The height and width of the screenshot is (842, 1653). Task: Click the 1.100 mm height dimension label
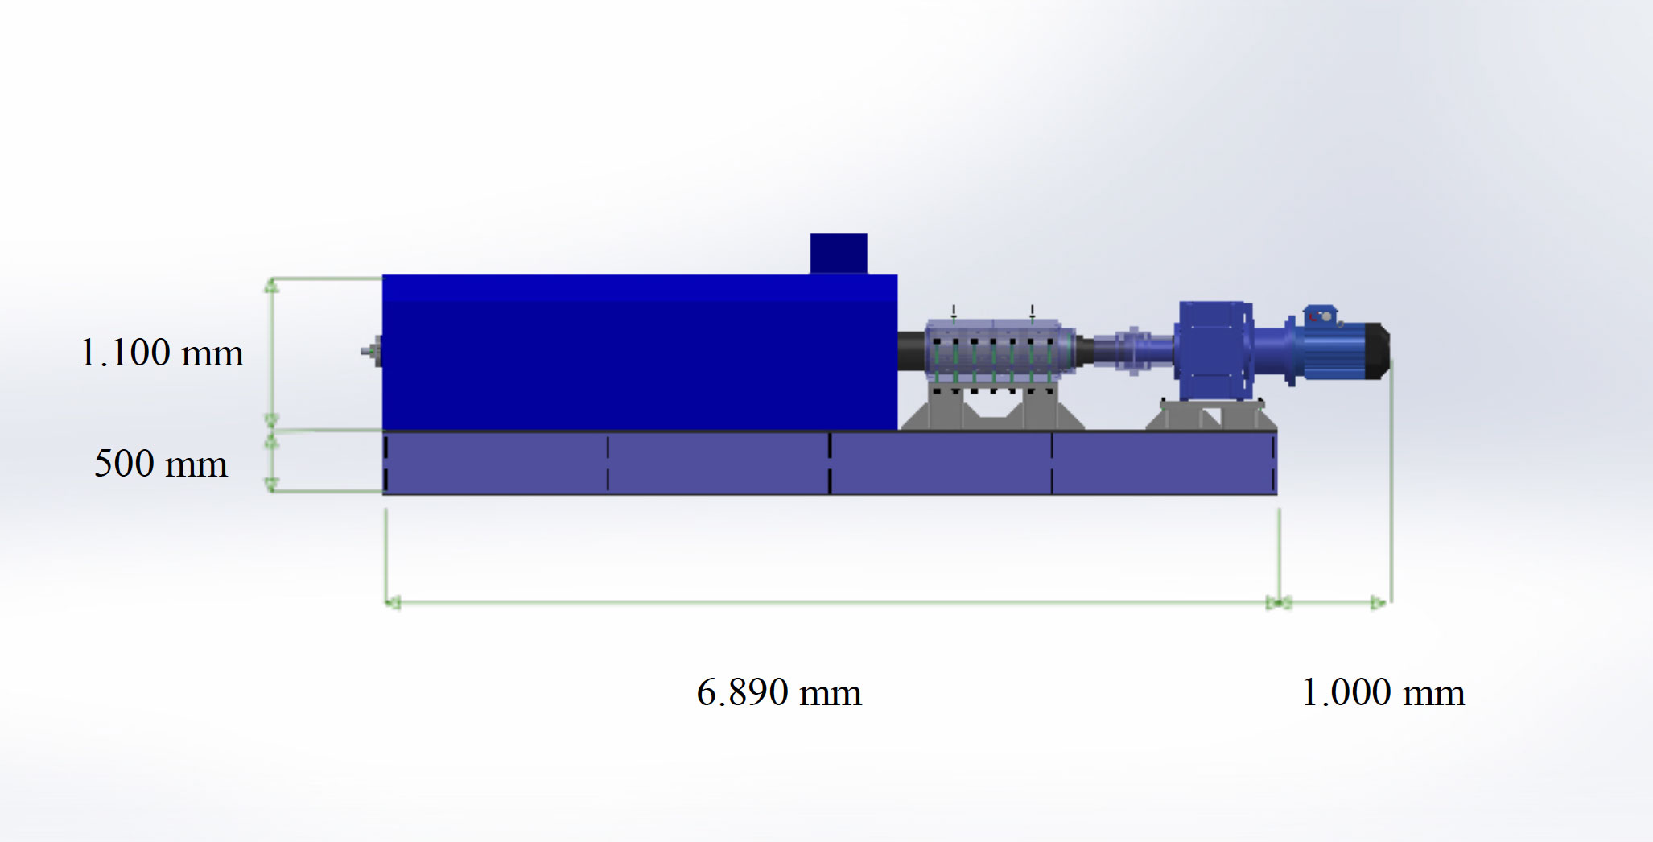(162, 353)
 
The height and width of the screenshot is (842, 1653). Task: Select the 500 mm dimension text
(161, 464)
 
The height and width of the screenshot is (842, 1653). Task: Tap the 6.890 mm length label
(779, 692)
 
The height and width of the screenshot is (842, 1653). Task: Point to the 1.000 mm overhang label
(1383, 692)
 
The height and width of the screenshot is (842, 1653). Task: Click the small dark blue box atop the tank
(839, 254)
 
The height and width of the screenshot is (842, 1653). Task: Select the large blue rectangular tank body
(640, 353)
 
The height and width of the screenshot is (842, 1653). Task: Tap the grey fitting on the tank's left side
(372, 352)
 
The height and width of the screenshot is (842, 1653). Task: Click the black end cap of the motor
(1378, 351)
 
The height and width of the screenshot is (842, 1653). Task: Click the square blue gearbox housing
(1214, 350)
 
